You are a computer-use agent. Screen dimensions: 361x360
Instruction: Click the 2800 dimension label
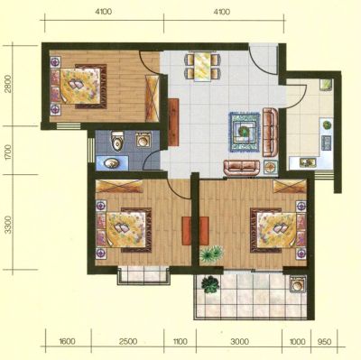click(8, 84)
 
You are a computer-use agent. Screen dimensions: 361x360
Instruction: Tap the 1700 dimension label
click(8, 152)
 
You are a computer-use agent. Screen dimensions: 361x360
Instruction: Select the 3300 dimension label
click(8, 225)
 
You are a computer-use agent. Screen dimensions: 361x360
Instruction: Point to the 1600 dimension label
click(68, 342)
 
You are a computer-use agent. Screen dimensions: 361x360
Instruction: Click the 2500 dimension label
click(128, 342)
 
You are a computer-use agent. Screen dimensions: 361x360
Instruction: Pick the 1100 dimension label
click(180, 342)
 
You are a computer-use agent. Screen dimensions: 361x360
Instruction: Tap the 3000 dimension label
click(239, 342)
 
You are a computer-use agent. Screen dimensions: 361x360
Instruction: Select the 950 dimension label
click(324, 342)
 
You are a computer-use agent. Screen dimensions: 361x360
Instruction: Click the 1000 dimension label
click(297, 342)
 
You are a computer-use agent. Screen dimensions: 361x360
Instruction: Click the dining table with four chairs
click(202, 67)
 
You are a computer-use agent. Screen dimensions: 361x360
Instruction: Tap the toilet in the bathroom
click(116, 141)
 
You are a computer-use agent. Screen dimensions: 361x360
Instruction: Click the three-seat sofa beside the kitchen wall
click(271, 132)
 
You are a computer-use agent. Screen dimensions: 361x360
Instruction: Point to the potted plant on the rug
click(243, 131)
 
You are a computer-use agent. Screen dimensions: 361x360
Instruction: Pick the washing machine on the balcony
click(298, 284)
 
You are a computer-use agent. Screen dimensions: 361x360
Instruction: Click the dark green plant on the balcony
click(209, 284)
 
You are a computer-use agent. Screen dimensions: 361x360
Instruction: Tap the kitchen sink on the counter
click(308, 162)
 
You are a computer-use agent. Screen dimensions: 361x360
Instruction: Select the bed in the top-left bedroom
click(80, 86)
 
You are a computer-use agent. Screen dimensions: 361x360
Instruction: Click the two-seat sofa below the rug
click(242, 168)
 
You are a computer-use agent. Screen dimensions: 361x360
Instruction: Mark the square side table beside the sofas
click(271, 167)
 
